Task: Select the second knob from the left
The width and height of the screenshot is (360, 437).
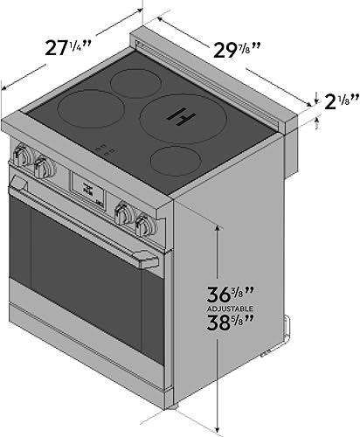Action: [x=44, y=167]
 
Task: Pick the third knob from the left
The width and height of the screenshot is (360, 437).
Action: [x=124, y=213]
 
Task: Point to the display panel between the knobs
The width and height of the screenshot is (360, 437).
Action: [x=88, y=188]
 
